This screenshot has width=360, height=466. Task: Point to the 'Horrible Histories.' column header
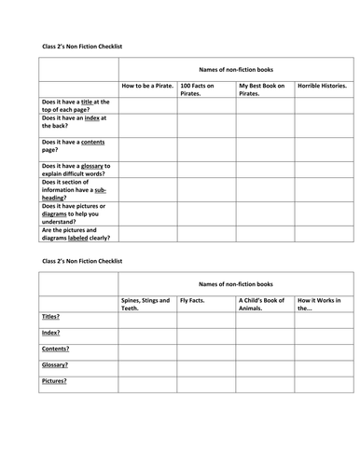(x=322, y=86)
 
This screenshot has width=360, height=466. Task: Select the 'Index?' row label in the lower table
(x=52, y=332)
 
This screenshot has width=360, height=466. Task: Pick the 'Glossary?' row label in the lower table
(x=56, y=364)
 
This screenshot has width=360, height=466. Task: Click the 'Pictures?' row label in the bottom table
(x=55, y=380)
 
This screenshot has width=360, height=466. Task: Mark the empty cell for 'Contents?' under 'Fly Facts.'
(x=205, y=349)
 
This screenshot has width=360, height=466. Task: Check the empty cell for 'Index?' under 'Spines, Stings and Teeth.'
(x=147, y=334)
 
